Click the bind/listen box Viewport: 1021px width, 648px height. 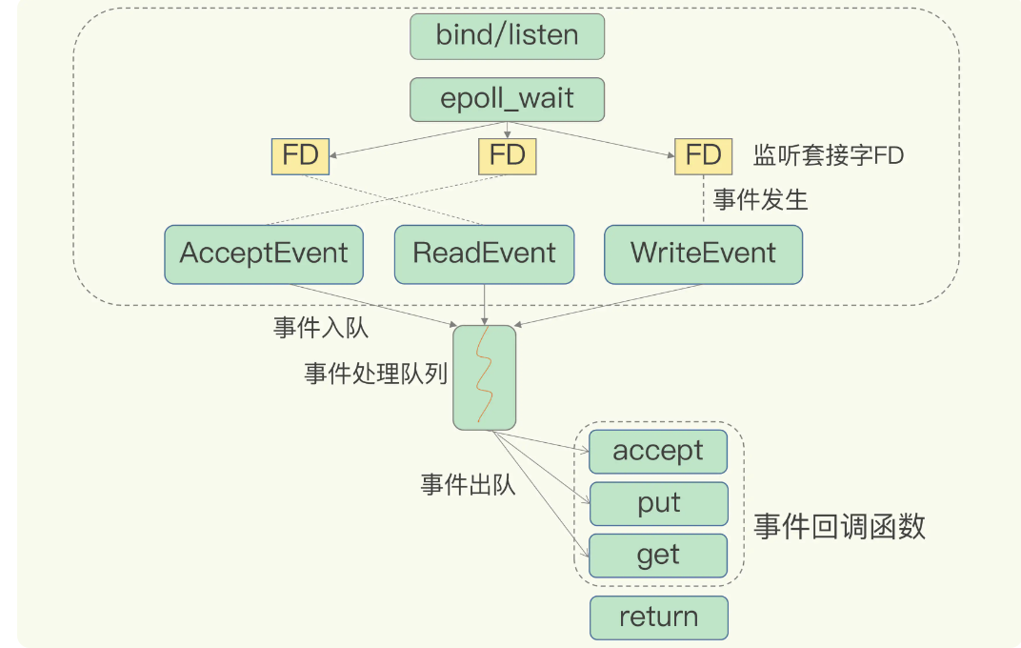pyautogui.click(x=507, y=36)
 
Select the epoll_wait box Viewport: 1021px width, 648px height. pyautogui.click(x=507, y=99)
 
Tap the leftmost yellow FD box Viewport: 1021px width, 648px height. pyautogui.click(x=300, y=155)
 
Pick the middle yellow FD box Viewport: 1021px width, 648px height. pyautogui.click(x=507, y=155)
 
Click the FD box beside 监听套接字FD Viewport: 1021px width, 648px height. pyautogui.click(x=703, y=155)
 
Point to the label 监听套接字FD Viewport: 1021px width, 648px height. pyautogui.click(x=828, y=155)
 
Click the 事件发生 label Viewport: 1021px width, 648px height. pyautogui.click(x=760, y=199)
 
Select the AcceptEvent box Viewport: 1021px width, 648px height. pyautogui.click(x=264, y=253)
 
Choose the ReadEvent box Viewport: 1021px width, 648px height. pyautogui.click(x=484, y=253)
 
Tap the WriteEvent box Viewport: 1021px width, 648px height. pyautogui.click(x=703, y=253)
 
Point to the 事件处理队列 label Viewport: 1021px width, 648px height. pyautogui.click(x=375, y=374)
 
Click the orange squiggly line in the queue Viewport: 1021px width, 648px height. pyautogui.click(x=484, y=376)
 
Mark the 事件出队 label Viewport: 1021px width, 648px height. pyautogui.click(x=468, y=484)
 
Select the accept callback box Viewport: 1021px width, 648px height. pyautogui.click(x=658, y=451)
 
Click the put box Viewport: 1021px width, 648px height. pyautogui.click(x=658, y=503)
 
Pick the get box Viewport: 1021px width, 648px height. pyautogui.click(x=658, y=555)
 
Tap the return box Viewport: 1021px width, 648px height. pyautogui.click(x=658, y=617)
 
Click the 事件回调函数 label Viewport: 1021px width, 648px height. pyautogui.click(x=839, y=527)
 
